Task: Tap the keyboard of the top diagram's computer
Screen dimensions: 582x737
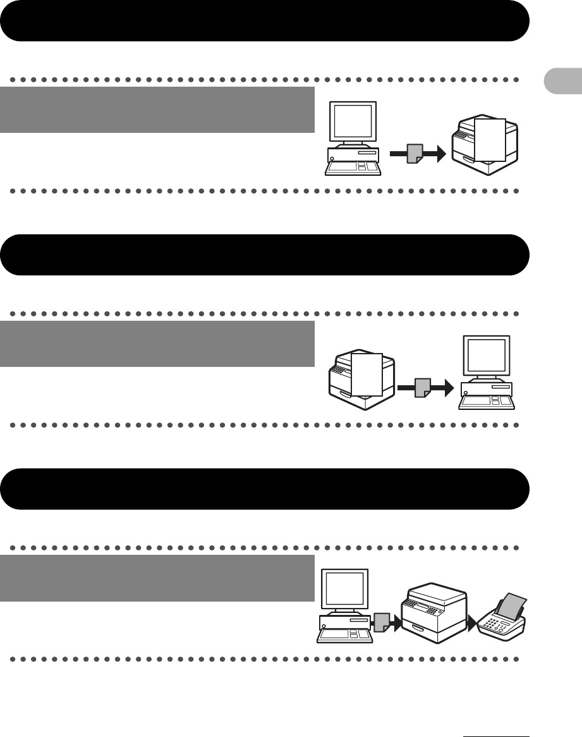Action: click(x=352, y=168)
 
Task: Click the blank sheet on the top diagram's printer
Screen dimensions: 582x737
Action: click(x=490, y=139)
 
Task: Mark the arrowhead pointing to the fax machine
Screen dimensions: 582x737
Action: click(x=473, y=623)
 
